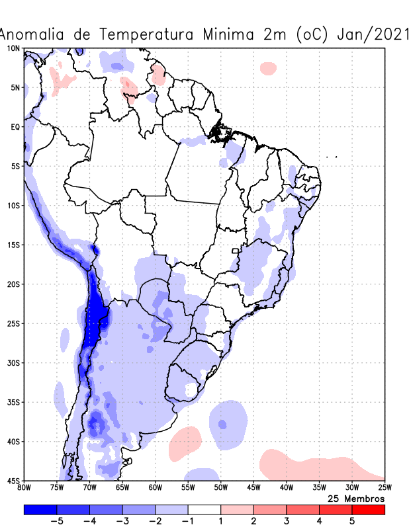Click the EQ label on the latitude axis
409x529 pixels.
[15, 126]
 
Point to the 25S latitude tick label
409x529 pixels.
[14, 323]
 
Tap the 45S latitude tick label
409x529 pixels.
[14, 480]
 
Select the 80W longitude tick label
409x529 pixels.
[24, 488]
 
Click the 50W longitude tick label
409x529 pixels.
[220, 488]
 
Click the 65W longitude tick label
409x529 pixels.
[122, 488]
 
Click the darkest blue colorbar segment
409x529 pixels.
[40, 510]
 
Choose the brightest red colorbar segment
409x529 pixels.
[368, 510]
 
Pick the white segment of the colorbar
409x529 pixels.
[204, 510]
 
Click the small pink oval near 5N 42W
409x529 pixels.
[268, 68]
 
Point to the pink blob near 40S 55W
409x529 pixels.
[185, 443]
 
